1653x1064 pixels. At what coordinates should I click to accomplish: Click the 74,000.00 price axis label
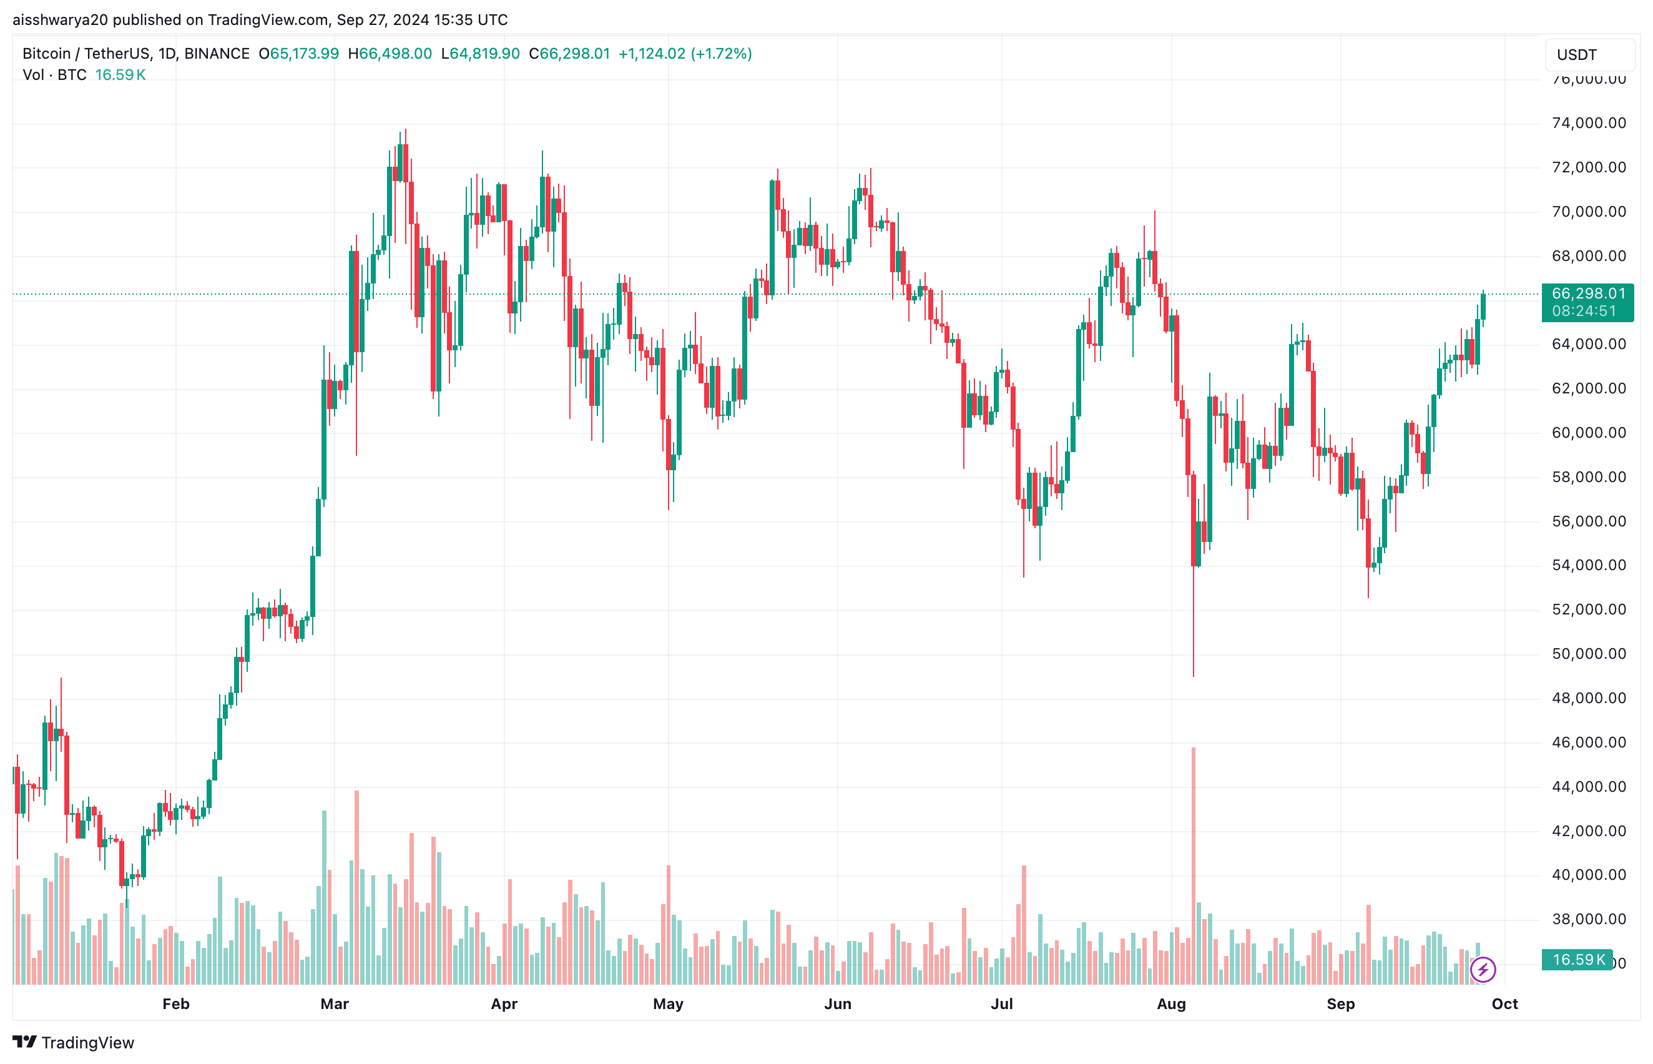tap(1588, 123)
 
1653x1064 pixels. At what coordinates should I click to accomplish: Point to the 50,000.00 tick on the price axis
tap(1588, 654)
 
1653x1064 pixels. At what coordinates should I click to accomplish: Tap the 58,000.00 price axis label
tap(1588, 476)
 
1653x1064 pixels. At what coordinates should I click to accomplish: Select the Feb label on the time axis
tap(175, 1004)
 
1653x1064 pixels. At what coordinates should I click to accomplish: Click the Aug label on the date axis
tap(1171, 1004)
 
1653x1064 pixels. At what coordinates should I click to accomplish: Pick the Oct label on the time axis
tap(1504, 1004)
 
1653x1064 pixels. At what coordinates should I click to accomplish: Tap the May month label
tap(667, 1004)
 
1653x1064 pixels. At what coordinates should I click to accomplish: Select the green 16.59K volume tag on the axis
tap(1577, 960)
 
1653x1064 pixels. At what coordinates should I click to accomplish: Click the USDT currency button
tap(1589, 56)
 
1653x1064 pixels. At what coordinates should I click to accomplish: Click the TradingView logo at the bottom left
tap(73, 1042)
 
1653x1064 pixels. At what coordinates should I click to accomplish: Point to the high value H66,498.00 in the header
tap(390, 54)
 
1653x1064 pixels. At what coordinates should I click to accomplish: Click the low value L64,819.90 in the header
tap(480, 54)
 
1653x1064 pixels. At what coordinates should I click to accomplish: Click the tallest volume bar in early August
tap(1193, 864)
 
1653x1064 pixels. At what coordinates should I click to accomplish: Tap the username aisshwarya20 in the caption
tap(60, 20)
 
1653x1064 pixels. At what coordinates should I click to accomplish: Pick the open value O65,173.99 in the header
tap(298, 54)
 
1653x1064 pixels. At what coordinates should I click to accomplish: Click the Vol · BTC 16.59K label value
tap(120, 75)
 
